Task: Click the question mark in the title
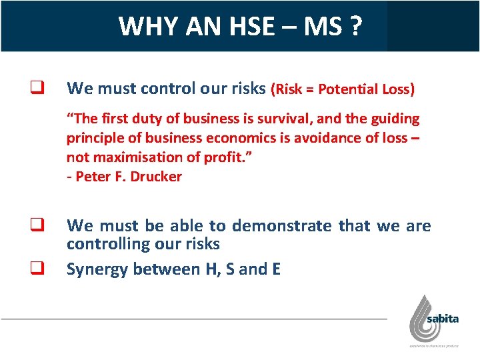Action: point(356,27)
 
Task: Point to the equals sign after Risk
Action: point(310,89)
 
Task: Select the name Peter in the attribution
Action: point(93,177)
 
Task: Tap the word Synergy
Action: point(97,269)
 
